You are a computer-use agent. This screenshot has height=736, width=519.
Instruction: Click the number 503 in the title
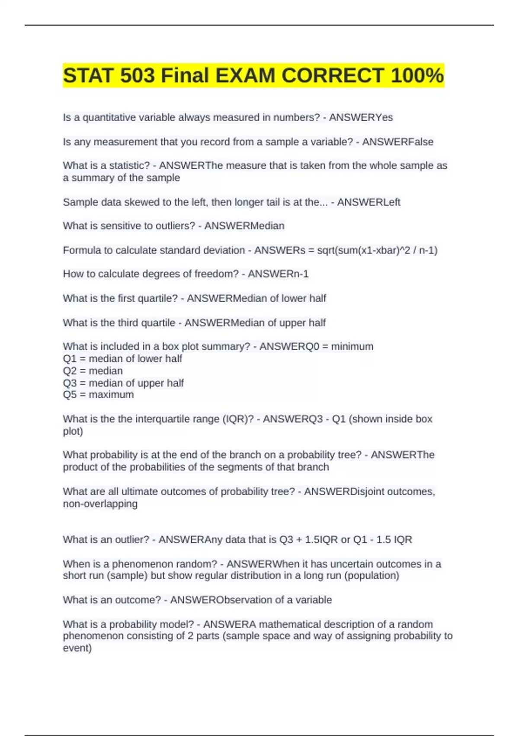pos(138,75)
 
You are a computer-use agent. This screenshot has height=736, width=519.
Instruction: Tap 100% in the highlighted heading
pos(416,75)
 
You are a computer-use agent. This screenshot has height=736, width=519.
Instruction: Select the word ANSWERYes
pos(361,117)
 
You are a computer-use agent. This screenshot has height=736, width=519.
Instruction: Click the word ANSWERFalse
pos(397,142)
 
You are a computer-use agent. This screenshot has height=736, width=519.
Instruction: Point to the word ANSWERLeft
pos(368,202)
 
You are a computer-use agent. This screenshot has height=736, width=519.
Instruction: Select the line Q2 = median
pos(93,371)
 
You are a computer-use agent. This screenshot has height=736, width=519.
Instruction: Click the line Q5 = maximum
pos(98,394)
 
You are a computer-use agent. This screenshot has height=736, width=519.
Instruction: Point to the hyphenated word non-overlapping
pos(100,504)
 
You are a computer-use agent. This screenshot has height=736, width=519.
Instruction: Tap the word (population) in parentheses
pos(372,575)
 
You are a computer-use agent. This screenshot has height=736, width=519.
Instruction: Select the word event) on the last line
pos(77,648)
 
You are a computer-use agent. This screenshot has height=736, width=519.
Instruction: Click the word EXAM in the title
pos(245,75)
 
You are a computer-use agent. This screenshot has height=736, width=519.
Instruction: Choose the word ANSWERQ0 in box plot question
pos(286,346)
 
